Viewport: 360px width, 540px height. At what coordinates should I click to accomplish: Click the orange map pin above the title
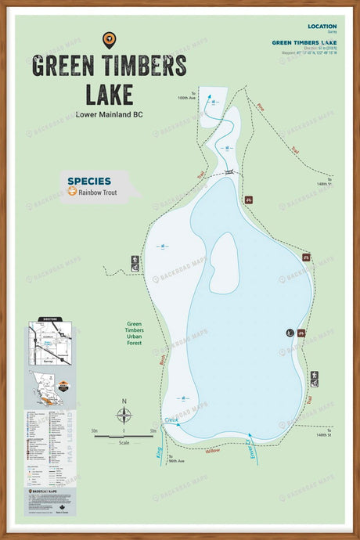coord(109,39)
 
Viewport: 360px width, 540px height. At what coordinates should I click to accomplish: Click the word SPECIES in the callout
coord(88,181)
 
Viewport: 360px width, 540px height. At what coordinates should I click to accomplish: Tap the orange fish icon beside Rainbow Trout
coord(72,192)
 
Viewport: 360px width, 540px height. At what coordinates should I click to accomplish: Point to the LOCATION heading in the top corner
coord(322,27)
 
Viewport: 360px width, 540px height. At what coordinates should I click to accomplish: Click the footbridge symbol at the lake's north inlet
coord(229,172)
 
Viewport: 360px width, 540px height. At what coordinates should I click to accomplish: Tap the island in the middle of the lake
coord(223,262)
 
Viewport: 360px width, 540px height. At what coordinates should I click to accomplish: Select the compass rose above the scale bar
coord(124,414)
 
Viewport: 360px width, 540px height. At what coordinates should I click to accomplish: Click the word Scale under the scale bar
coord(124,443)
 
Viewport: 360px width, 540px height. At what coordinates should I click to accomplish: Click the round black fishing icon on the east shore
coord(290,333)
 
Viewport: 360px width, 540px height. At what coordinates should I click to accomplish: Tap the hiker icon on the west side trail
coord(135,259)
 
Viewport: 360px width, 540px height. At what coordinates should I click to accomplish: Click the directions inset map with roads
coord(51,342)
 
